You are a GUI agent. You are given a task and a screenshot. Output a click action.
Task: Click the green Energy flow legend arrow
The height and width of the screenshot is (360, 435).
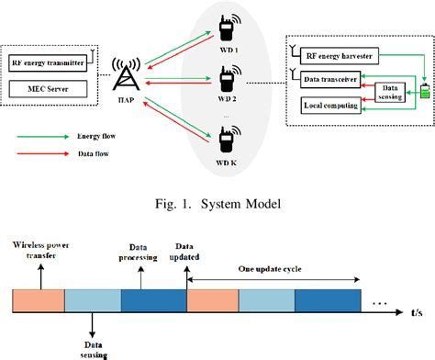43,134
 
